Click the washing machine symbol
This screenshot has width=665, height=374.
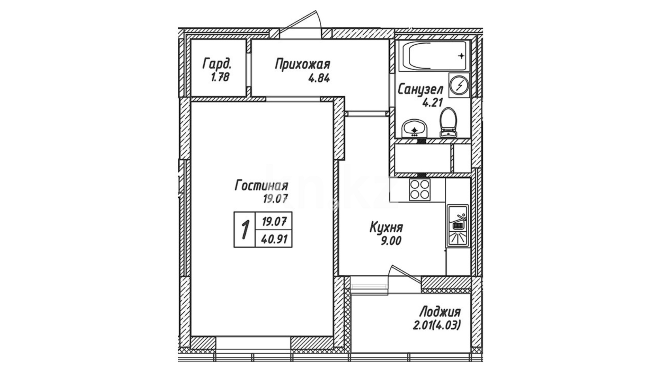(x=459, y=85)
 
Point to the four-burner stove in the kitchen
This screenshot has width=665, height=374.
(x=420, y=189)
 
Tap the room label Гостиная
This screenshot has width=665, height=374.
(x=261, y=186)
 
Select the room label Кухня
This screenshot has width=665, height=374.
(x=386, y=228)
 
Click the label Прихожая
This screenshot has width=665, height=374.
(x=303, y=64)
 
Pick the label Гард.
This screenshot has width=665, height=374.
(x=217, y=64)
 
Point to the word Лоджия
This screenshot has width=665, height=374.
(x=440, y=312)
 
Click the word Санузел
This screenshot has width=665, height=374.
(x=420, y=90)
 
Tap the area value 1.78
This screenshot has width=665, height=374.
(x=220, y=77)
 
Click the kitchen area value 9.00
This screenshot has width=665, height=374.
(x=391, y=241)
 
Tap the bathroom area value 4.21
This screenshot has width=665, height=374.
(x=431, y=103)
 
